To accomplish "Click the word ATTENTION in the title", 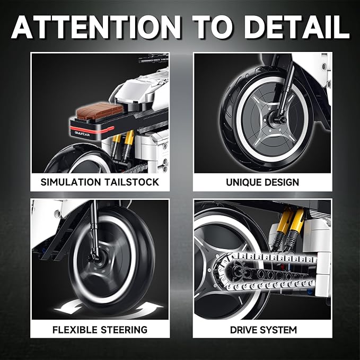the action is coord(96,28).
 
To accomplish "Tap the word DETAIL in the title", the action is coord(297,28).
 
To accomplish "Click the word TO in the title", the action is coord(213,28).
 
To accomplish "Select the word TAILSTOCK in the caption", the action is coord(131,182).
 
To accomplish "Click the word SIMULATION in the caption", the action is coord(71,182).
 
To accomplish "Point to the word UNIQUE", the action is coord(243,182).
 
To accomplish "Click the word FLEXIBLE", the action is coord(75,330).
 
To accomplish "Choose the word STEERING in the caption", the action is coord(124,330).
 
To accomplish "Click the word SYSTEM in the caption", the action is coord(280,330).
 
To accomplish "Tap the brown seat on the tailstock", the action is coord(100,111).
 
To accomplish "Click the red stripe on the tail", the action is coord(92,130).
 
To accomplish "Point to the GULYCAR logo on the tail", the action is coord(82,134).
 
